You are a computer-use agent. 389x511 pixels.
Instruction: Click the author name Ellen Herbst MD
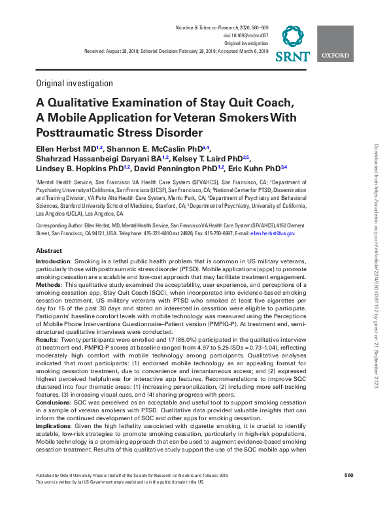(61, 150)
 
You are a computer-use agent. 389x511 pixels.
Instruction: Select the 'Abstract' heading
(49, 251)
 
